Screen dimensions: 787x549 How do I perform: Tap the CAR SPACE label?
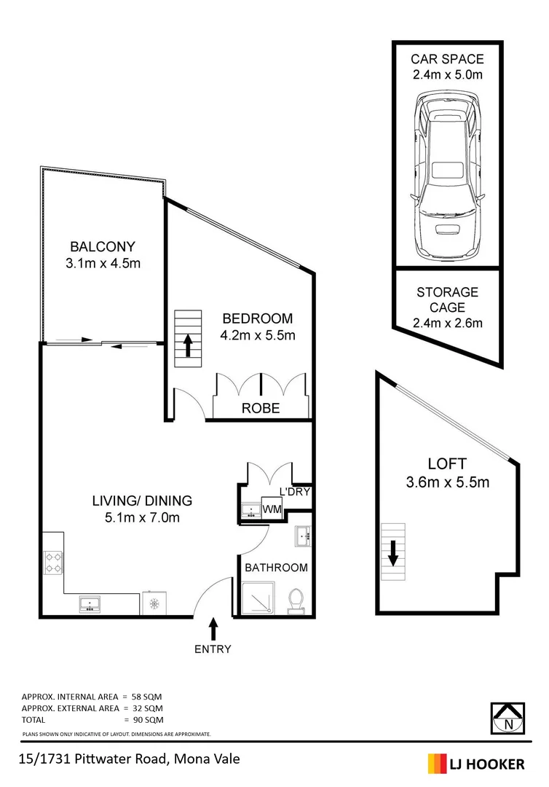[447, 59]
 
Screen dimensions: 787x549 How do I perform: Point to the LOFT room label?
[447, 463]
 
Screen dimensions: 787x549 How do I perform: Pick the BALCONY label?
[103, 246]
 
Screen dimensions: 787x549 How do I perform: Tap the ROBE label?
[260, 408]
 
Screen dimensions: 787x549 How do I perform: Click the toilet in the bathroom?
[296, 600]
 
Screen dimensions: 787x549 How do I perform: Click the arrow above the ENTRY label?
[213, 627]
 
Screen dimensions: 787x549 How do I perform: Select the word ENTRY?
[213, 649]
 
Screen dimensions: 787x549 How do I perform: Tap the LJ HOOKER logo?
[476, 764]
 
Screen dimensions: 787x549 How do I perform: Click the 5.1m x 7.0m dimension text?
[142, 518]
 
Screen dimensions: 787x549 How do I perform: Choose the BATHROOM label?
[276, 567]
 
